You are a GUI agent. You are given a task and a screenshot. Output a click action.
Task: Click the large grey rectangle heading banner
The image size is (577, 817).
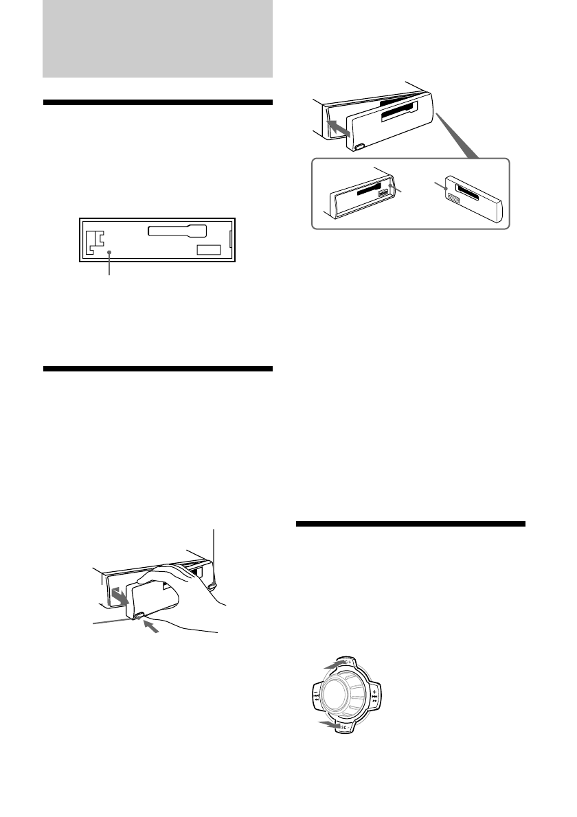[x=157, y=38]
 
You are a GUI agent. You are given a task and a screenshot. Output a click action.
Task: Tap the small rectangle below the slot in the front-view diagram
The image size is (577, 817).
[x=209, y=250]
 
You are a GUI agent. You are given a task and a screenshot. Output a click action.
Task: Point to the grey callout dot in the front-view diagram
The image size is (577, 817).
[x=109, y=254]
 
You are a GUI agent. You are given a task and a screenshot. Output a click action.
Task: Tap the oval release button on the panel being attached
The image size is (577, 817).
[x=360, y=146]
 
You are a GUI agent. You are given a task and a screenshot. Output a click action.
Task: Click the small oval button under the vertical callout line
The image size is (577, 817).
[x=213, y=586]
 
